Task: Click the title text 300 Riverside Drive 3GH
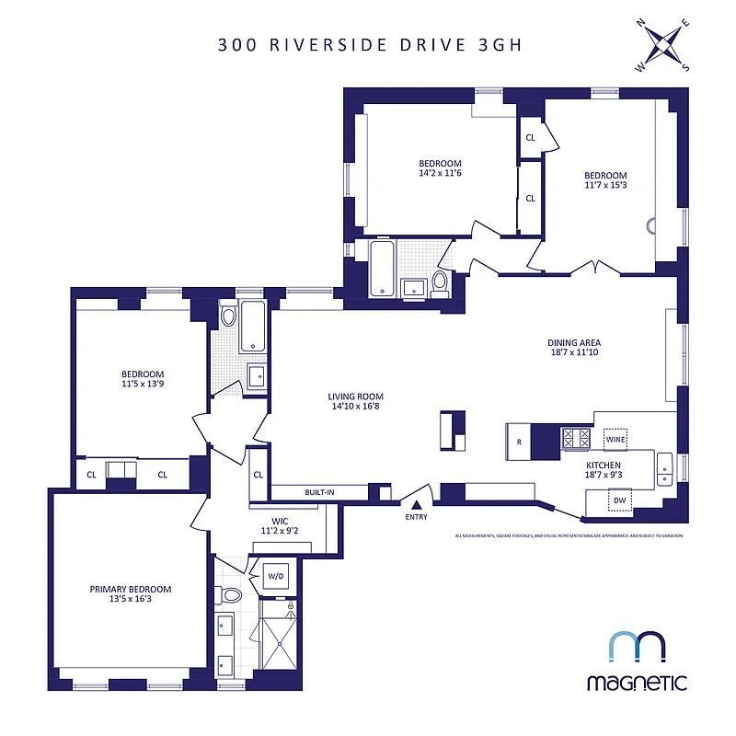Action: [368, 44]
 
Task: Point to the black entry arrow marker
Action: [416, 504]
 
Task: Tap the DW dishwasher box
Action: [620, 500]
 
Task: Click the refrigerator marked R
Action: [519, 442]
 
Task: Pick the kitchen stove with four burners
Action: [576, 438]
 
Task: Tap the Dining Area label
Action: [574, 343]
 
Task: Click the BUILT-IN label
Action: [319, 492]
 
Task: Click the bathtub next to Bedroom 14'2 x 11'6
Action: [383, 270]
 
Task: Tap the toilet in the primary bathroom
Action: [229, 595]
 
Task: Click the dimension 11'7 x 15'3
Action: [605, 187]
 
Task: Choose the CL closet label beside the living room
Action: [259, 475]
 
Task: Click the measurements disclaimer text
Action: [569, 535]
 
